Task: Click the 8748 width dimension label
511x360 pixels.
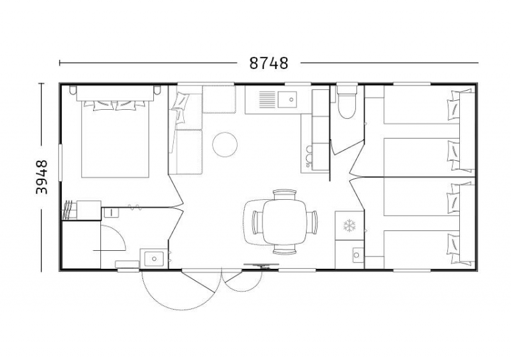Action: [x=268, y=63]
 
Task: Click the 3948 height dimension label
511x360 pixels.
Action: [x=42, y=177]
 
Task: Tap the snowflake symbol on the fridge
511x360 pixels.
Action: [x=349, y=226]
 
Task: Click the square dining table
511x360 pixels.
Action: [x=285, y=222]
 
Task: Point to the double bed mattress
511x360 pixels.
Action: [x=115, y=139]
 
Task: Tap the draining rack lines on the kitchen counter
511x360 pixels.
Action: [x=267, y=100]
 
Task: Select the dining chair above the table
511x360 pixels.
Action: [x=284, y=195]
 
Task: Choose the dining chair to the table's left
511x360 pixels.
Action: [x=257, y=222]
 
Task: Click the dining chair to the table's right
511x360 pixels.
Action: [x=312, y=222]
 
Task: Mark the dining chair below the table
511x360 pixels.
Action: [x=284, y=249]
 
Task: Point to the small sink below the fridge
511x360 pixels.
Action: [x=358, y=255]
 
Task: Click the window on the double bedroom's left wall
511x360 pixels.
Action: [x=60, y=163]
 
